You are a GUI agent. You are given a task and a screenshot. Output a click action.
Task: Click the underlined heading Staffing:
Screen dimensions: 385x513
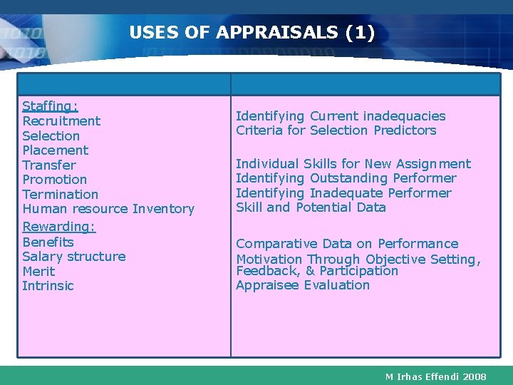click(50, 106)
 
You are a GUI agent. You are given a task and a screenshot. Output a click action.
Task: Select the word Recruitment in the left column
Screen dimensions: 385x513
click(61, 121)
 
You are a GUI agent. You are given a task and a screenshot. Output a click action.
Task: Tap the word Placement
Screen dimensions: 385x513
click(56, 150)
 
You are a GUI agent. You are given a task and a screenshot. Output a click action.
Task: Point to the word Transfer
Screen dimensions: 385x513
click(49, 165)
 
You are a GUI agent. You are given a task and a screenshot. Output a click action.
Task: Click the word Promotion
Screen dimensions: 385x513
click(55, 180)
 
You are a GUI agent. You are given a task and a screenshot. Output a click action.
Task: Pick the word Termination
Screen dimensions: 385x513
click(61, 195)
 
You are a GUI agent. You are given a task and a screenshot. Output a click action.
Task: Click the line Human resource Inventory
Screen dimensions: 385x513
click(108, 209)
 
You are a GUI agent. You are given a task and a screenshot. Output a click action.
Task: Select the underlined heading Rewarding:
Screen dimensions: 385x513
click(59, 227)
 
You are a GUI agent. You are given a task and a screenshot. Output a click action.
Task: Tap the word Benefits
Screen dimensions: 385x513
click(48, 242)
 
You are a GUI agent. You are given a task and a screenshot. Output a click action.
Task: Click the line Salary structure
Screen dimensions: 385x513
click(74, 257)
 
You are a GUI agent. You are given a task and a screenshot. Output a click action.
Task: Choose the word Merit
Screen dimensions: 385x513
click(38, 272)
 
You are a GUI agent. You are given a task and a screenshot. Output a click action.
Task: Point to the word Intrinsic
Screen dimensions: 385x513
click(48, 286)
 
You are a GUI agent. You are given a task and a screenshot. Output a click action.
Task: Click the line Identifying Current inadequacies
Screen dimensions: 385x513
click(341, 116)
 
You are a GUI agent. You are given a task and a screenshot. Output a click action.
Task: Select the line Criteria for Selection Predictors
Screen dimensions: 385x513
click(336, 130)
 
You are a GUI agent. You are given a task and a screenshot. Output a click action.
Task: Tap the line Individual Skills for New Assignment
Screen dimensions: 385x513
click(353, 164)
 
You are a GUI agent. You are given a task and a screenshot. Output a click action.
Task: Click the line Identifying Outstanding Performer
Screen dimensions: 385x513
click(346, 178)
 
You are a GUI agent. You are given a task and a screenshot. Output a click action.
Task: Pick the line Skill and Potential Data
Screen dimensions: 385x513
click(311, 207)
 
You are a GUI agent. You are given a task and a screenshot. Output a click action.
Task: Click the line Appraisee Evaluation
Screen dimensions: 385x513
click(303, 285)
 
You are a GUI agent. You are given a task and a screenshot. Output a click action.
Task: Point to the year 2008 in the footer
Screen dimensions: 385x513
click(474, 376)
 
